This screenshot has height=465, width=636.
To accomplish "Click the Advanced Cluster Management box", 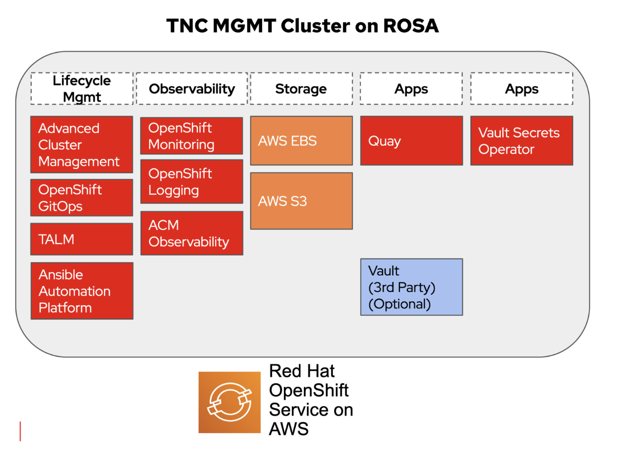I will [x=82, y=145].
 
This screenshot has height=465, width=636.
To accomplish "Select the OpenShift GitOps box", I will [x=82, y=198].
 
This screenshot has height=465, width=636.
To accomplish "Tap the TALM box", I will [x=82, y=239].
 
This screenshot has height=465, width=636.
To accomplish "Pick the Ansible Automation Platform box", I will [x=82, y=291].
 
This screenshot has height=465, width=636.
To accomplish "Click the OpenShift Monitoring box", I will [x=191, y=136].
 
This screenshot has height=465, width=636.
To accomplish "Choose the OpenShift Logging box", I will [x=191, y=182].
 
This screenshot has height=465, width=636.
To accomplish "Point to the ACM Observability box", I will [x=191, y=233].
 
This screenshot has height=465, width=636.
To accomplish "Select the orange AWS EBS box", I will [x=301, y=141].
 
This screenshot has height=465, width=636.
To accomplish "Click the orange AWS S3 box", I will [x=301, y=201].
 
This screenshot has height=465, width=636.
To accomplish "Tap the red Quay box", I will [x=412, y=141].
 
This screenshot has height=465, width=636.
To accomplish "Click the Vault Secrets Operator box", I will [x=522, y=141].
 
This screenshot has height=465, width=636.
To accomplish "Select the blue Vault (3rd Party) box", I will [x=412, y=287].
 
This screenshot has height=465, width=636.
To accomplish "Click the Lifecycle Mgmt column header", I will [x=82, y=89].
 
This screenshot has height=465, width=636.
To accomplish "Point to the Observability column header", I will [x=192, y=89].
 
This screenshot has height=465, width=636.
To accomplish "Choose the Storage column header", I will [x=301, y=89].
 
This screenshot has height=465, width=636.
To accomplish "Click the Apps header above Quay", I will [x=411, y=89].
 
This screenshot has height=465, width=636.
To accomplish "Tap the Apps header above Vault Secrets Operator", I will [x=522, y=89].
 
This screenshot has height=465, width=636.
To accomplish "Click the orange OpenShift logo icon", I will [x=229, y=402].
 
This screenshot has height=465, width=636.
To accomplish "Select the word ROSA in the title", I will [x=411, y=26].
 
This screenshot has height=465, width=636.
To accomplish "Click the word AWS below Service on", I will [x=289, y=429].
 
